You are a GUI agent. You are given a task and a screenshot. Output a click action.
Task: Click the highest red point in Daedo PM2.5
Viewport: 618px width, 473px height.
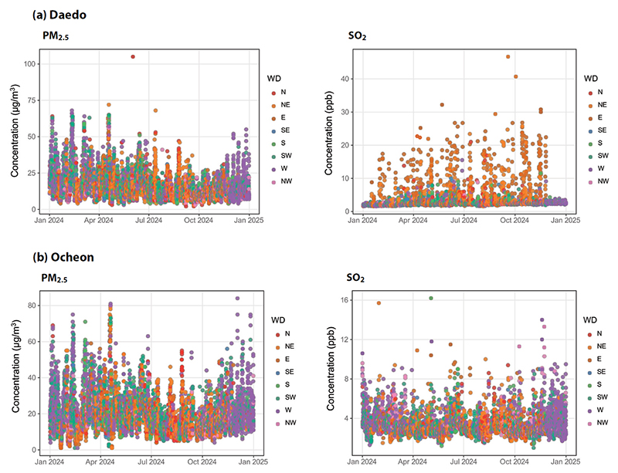pos(133,56)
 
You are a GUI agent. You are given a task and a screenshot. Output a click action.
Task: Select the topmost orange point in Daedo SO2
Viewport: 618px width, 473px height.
pos(508,56)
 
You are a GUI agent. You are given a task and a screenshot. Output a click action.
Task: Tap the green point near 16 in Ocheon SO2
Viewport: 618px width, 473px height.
pos(431,298)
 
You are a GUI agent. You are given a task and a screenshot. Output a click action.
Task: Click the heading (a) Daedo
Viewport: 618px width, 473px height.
pos(59,15)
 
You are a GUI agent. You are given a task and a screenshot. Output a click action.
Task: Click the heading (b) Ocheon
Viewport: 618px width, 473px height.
pos(63,257)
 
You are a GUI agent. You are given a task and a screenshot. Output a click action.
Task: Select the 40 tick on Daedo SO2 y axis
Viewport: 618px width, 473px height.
pos(345,79)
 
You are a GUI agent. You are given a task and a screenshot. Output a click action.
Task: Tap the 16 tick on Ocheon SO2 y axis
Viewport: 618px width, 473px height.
pos(345,300)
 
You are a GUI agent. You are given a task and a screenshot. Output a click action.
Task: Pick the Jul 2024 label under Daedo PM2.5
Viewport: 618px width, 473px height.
pos(148,220)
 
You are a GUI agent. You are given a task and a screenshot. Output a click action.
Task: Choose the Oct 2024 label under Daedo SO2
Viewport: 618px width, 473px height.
pos(514,220)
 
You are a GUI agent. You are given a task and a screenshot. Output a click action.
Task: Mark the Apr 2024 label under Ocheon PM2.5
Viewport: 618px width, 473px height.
pos(100,461)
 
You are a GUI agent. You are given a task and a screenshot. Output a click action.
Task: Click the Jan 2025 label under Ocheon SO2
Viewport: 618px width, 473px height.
pos(567,461)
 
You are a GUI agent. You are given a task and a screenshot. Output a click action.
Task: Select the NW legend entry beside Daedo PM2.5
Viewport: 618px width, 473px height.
pos(281,181)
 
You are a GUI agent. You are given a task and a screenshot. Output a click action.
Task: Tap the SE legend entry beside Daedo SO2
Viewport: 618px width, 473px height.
pos(597,130)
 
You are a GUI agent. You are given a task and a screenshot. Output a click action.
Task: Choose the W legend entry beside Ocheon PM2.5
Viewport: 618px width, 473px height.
pos(284,410)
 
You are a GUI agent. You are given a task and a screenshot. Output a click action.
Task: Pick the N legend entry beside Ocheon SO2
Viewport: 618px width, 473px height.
pos(595,333)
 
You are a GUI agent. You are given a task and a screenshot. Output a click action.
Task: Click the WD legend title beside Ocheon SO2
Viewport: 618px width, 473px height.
pos(590,320)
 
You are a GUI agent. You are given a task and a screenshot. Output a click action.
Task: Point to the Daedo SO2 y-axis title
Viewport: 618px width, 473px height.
pos(329,133)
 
